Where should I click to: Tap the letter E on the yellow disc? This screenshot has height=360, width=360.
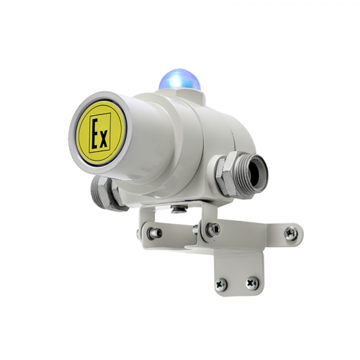[95, 132]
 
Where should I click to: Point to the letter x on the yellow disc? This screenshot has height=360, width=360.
[104, 140]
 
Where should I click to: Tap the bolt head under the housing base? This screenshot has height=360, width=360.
[178, 209]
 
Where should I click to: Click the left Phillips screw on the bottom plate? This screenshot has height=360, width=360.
[221, 284]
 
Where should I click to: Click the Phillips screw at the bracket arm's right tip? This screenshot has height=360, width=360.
[291, 233]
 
